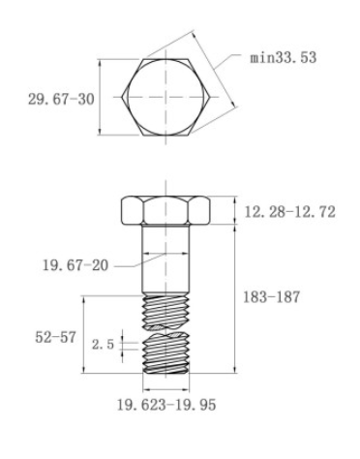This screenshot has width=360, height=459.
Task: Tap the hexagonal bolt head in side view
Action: coord(168,211)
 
